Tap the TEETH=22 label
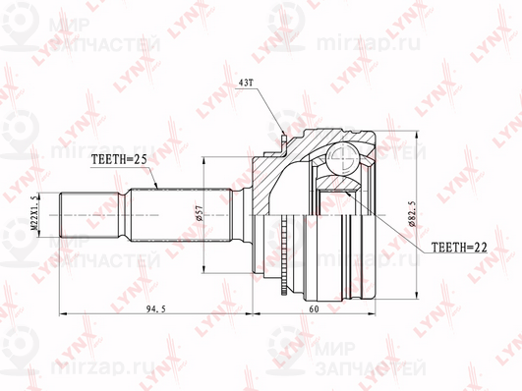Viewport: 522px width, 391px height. [454, 250]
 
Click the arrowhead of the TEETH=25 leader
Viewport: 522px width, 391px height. [156, 187]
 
